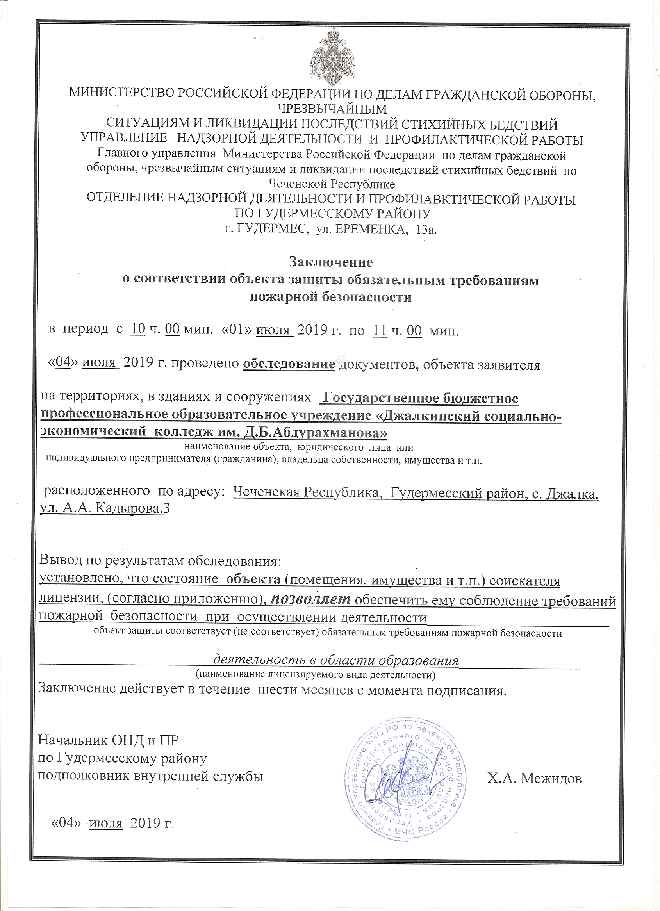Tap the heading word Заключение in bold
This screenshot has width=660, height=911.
[331, 262]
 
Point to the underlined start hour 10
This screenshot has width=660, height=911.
[138, 330]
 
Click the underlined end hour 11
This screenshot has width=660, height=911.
[380, 330]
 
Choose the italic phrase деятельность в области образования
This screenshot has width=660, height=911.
[335, 660]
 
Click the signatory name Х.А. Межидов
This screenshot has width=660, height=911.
[534, 779]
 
